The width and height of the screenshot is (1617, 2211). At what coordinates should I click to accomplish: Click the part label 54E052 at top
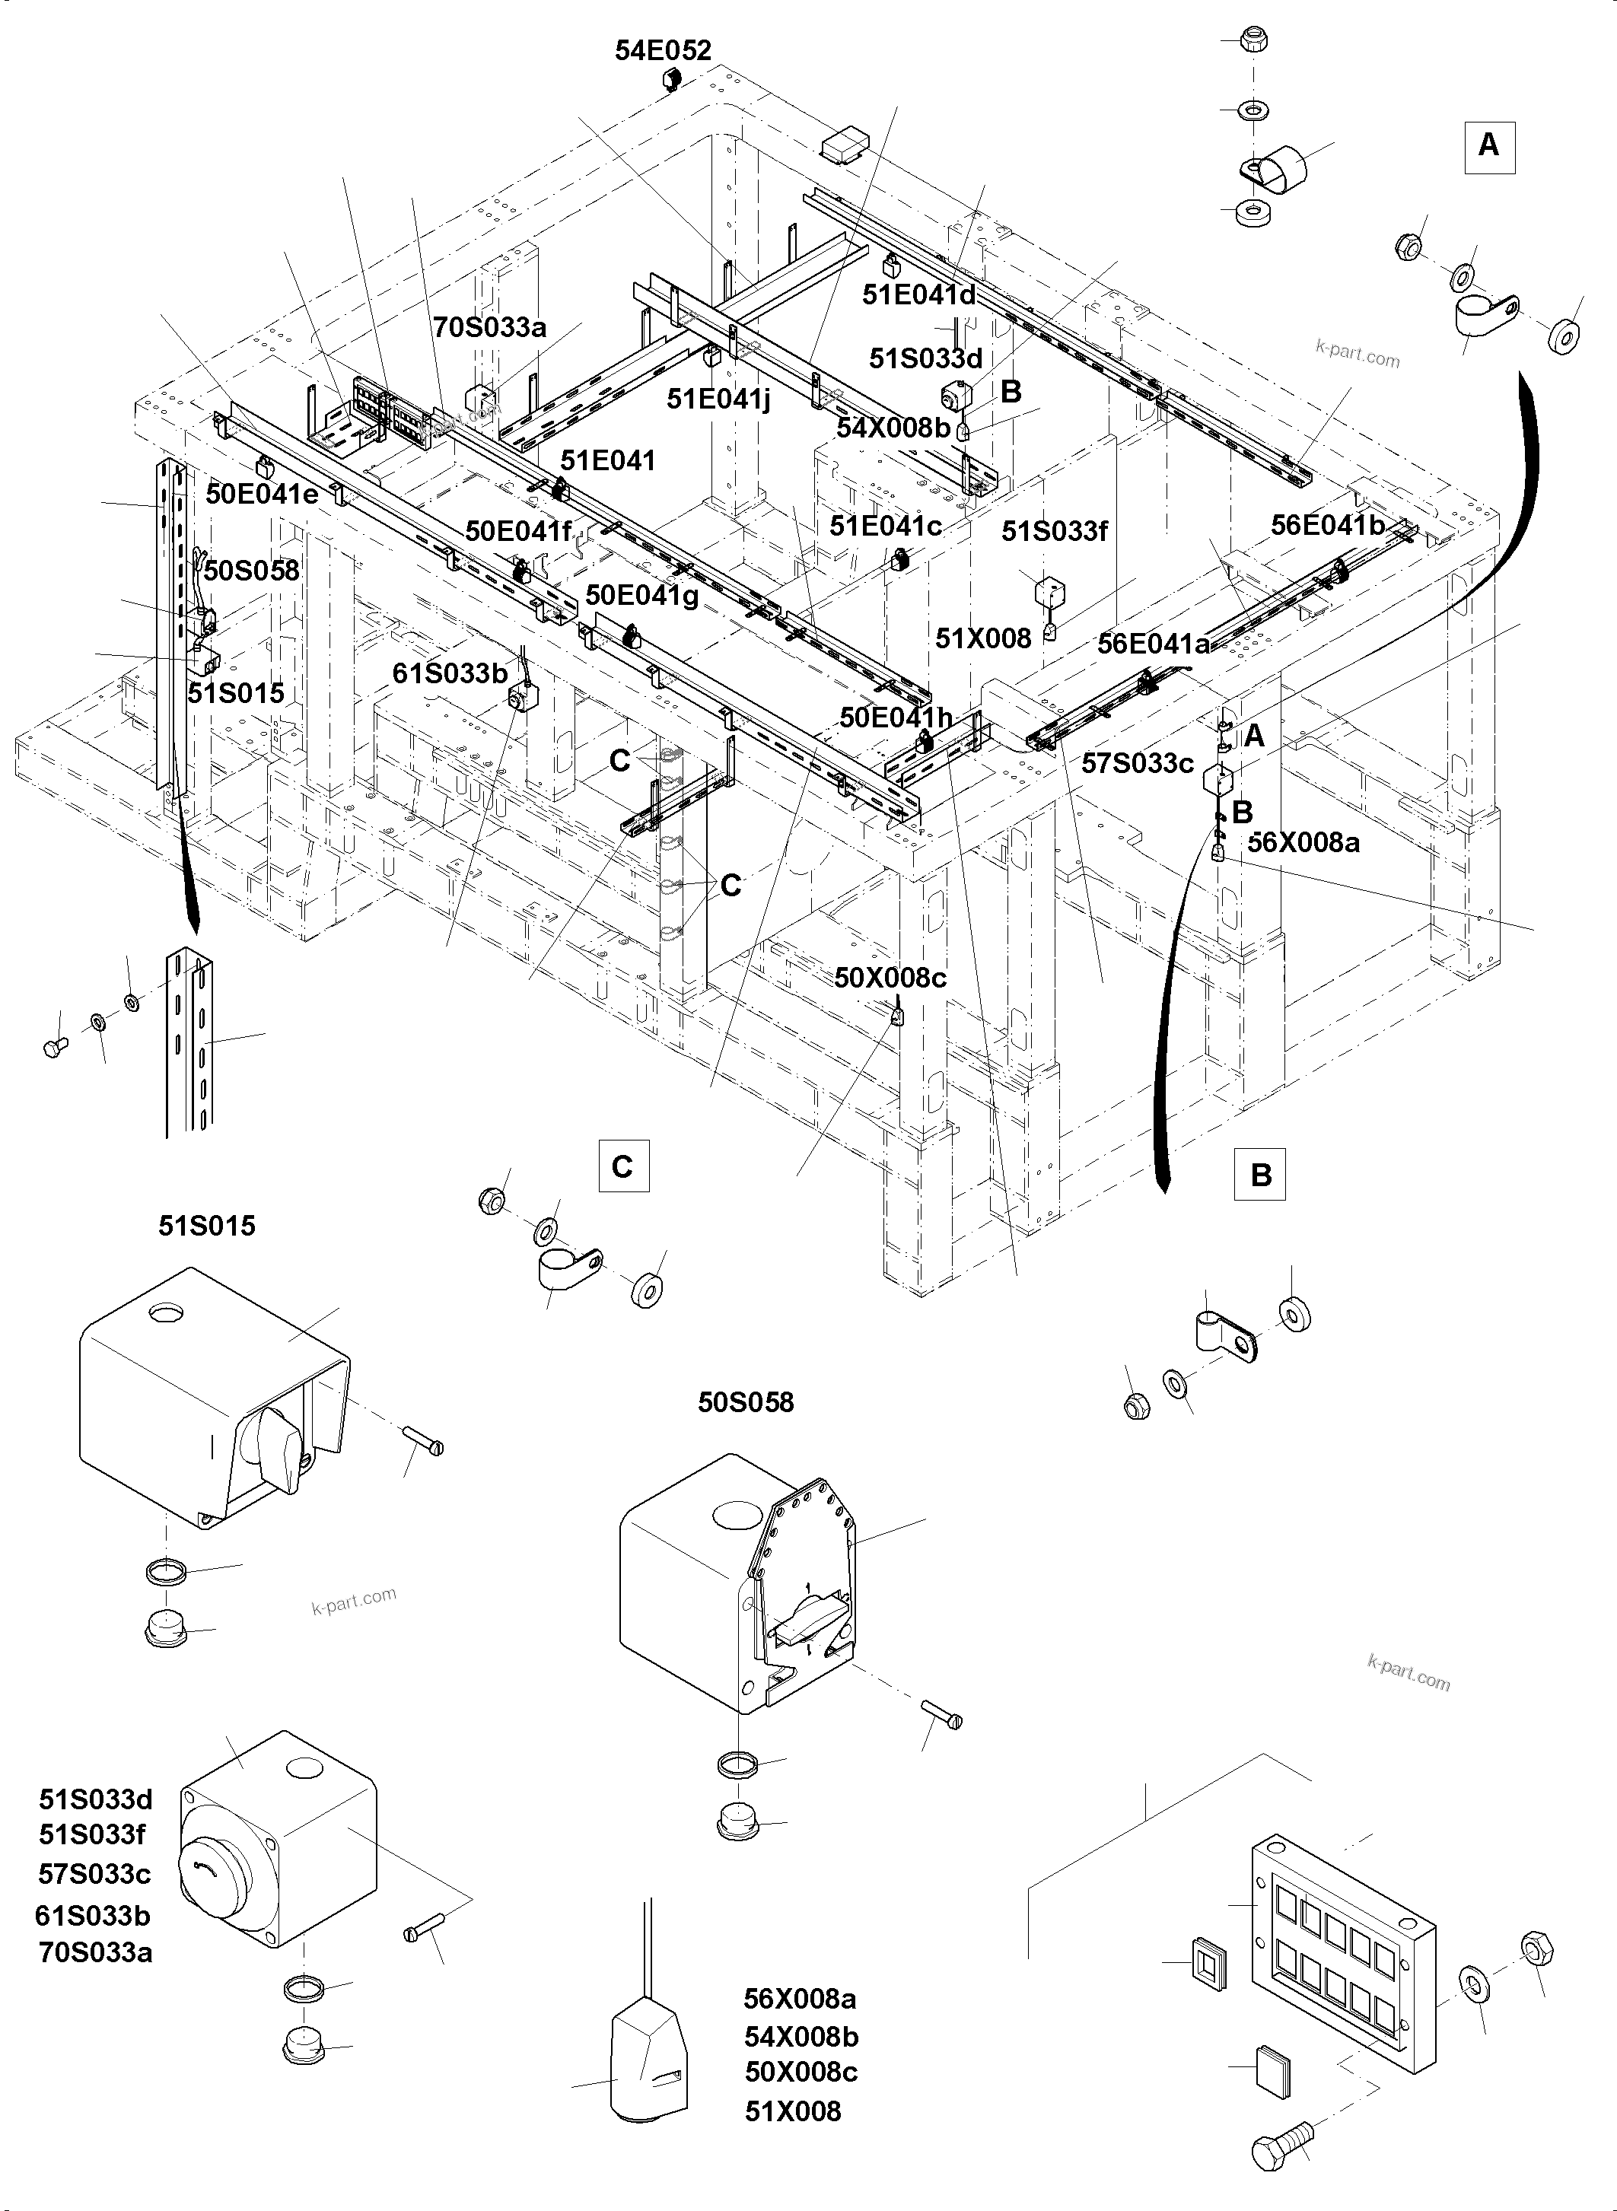pos(663,51)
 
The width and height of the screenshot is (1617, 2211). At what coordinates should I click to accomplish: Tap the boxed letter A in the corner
pos(1488,147)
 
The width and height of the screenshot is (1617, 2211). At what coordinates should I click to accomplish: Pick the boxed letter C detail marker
pos(622,1166)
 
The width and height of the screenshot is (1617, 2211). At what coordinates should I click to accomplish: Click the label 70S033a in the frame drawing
pos(489,327)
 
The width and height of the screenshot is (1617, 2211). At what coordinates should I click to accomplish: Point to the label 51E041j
pos(718,399)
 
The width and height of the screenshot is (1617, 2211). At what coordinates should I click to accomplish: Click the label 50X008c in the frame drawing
pos(890,978)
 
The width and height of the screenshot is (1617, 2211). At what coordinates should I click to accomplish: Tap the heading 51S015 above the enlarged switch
pos(206,1226)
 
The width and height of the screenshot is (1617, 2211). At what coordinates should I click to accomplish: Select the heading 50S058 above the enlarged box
pos(745,1402)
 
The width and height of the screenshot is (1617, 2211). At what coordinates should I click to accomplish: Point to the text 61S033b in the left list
pos(93,1916)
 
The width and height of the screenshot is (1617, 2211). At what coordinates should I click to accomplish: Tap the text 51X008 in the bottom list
pos(792,2111)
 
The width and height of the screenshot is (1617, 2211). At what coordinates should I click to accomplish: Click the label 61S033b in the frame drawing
pos(450,673)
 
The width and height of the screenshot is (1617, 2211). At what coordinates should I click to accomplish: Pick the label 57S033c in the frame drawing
pos(1138,763)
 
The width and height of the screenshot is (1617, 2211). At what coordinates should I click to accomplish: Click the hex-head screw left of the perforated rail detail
pos(55,1047)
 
